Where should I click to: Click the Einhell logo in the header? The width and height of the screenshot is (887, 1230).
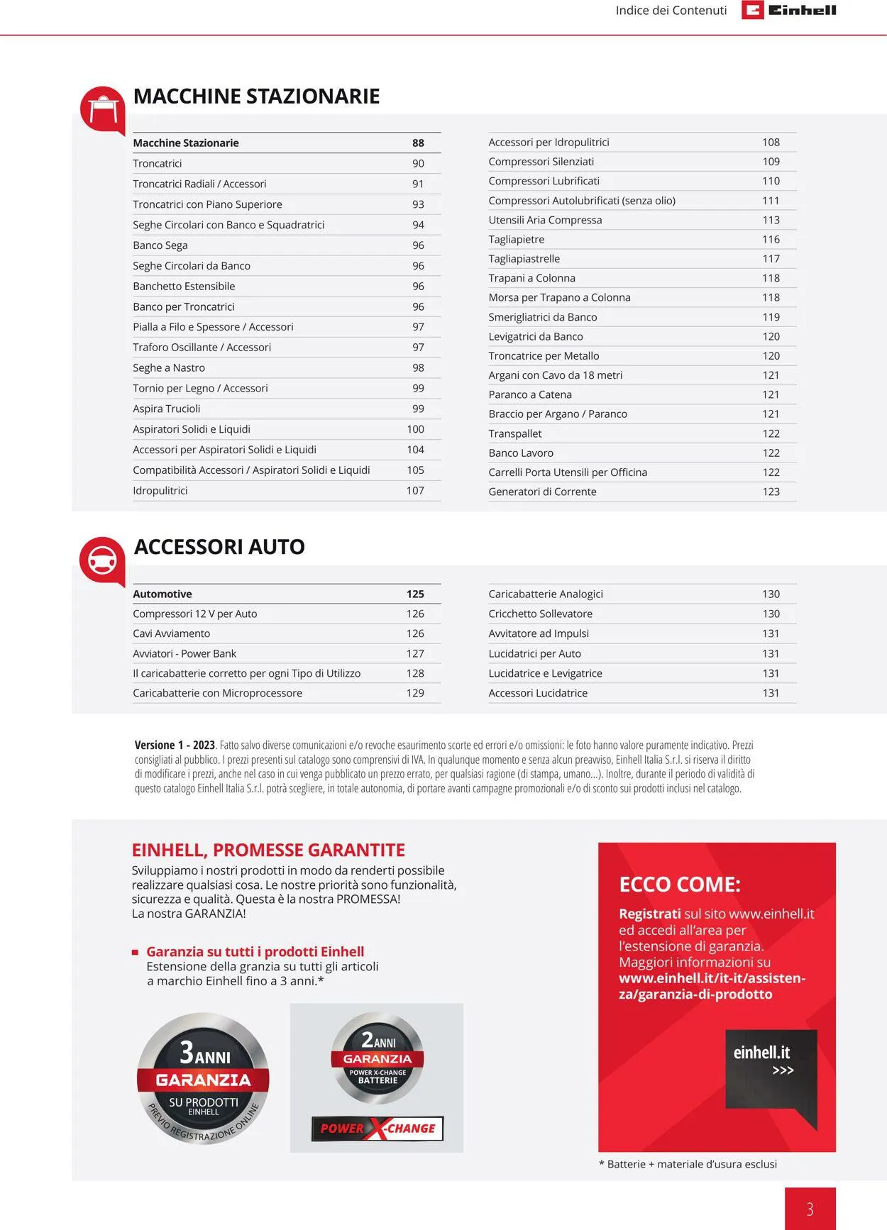[789, 10]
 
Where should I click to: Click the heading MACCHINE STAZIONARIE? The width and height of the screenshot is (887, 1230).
[256, 96]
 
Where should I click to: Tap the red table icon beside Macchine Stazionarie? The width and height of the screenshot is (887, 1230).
[103, 109]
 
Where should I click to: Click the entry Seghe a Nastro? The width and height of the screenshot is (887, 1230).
[169, 367]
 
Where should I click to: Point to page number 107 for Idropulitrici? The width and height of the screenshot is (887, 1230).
[415, 490]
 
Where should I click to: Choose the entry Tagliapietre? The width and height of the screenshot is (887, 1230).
[517, 239]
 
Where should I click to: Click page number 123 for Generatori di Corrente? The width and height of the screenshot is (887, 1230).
[771, 492]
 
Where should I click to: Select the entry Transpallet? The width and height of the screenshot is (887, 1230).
[515, 433]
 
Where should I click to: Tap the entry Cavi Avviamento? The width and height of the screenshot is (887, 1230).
[172, 633]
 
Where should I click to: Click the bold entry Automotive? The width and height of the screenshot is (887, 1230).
[162, 594]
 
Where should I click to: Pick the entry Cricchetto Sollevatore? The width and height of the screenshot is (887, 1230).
[540, 614]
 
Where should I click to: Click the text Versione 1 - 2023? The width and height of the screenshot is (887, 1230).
[175, 745]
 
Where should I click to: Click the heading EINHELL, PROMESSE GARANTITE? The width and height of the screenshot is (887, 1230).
[268, 850]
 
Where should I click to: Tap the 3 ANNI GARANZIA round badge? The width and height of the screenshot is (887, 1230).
[203, 1078]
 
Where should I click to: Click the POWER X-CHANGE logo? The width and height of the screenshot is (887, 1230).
[378, 1128]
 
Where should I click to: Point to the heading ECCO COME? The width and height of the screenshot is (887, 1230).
[679, 885]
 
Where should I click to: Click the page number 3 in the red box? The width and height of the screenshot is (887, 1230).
[810, 1209]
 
